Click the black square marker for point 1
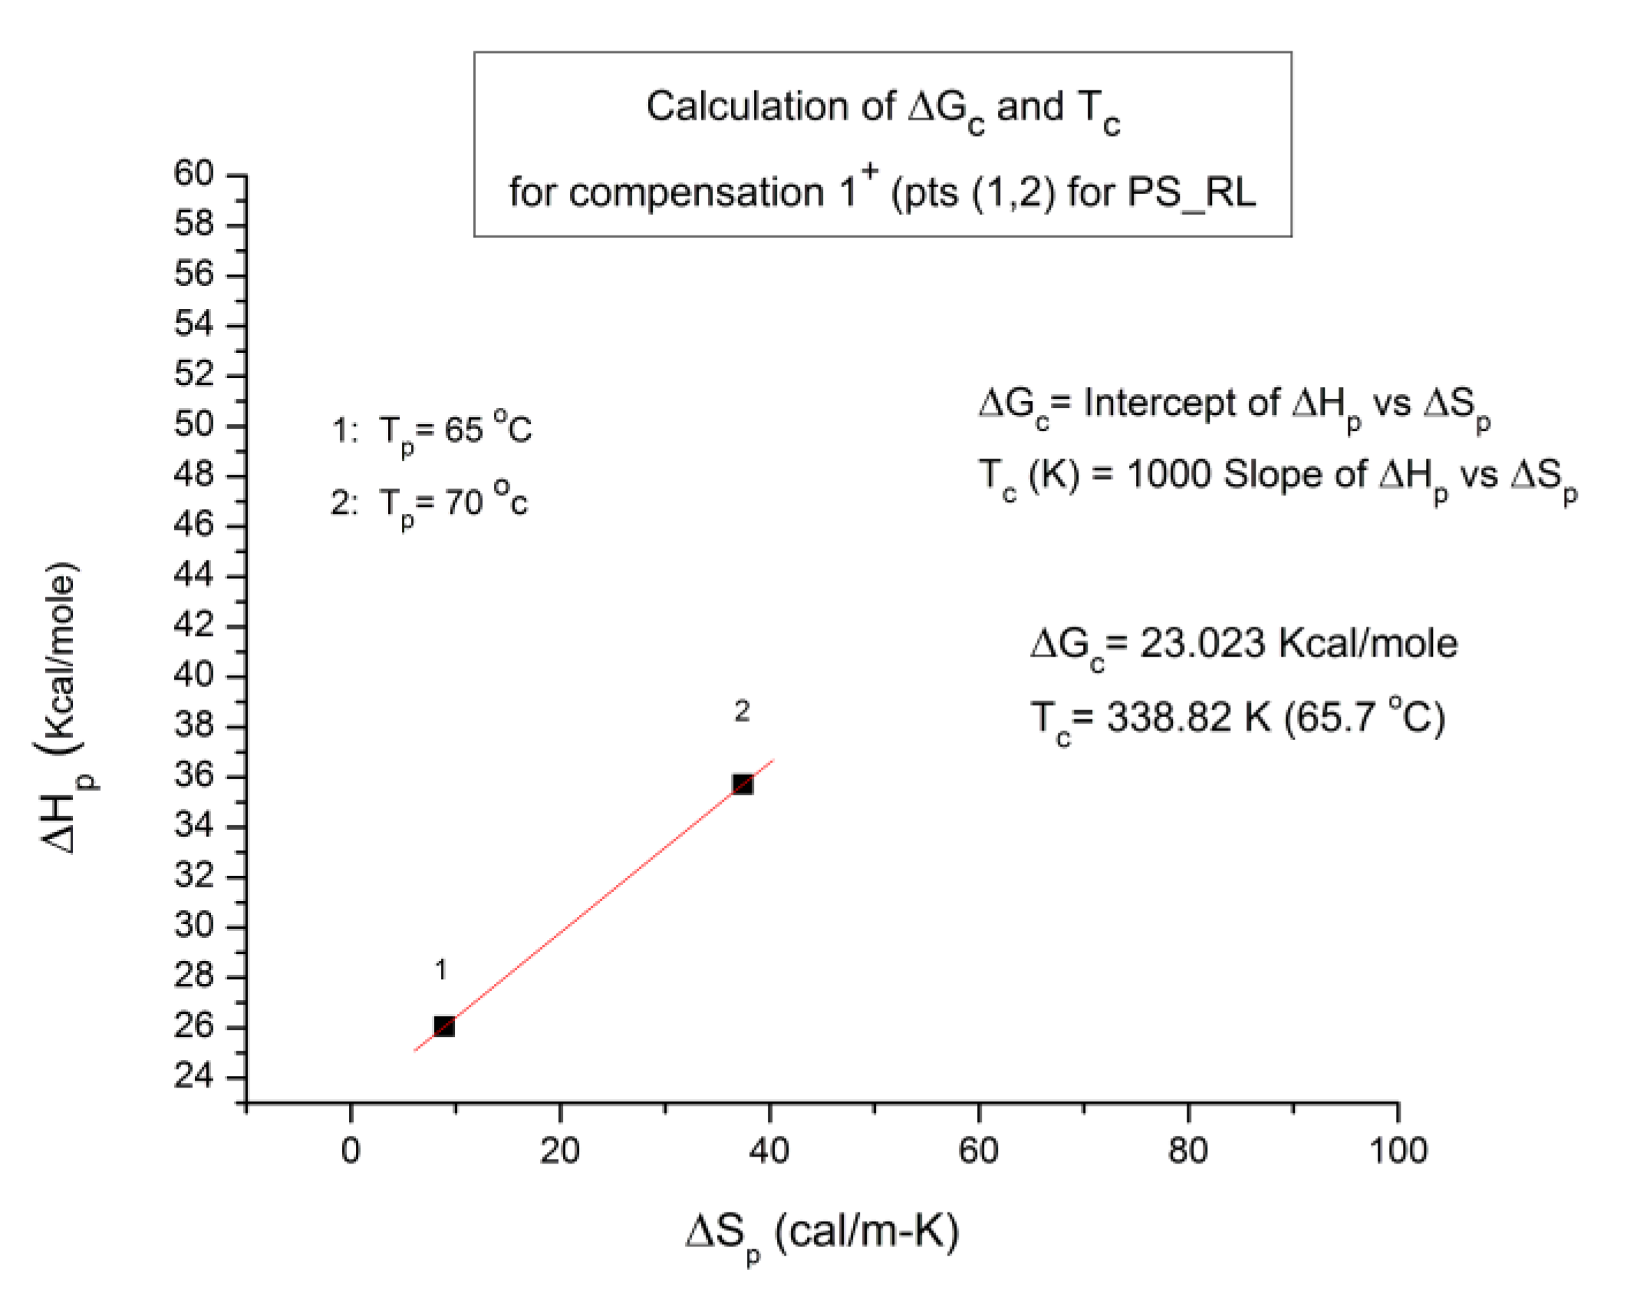(x=443, y=1026)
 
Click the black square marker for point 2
(x=742, y=784)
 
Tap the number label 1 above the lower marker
(x=440, y=969)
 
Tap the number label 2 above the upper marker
(x=741, y=711)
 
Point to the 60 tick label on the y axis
(x=193, y=174)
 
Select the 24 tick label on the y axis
(x=193, y=1076)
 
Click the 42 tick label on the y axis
(x=193, y=625)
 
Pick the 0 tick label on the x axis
(x=351, y=1150)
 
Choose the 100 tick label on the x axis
(x=1398, y=1150)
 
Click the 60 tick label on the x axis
(x=979, y=1150)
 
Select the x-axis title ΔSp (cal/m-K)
(x=822, y=1233)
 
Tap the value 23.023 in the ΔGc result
(x=1201, y=643)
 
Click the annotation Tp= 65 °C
(x=455, y=429)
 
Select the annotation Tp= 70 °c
(x=453, y=502)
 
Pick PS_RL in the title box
(x=1190, y=192)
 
